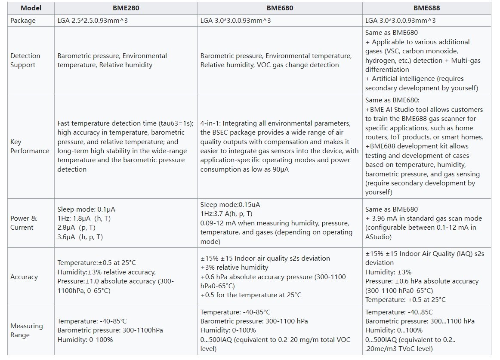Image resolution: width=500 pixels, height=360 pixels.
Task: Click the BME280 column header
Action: (126, 8)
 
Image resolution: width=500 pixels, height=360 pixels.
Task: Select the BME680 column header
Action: (280, 8)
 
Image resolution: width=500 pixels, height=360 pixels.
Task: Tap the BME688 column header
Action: (427, 8)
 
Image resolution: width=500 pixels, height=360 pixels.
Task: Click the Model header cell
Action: (31, 8)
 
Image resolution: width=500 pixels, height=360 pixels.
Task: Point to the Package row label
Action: (23, 21)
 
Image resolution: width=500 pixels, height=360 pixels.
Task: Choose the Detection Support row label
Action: (25, 60)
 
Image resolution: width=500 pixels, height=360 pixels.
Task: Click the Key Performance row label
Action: (30, 146)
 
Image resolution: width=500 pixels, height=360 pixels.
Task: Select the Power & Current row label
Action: (23, 223)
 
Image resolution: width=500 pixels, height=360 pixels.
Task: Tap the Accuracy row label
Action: (24, 277)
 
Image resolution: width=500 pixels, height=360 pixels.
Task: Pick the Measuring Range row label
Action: (27, 330)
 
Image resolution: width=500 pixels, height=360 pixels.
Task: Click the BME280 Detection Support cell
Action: (112, 60)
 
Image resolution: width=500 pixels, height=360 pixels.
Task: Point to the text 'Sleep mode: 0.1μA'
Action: (86, 209)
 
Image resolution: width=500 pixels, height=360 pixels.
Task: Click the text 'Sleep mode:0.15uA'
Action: (230, 205)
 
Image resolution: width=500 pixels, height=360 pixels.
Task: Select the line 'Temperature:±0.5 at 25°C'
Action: (98, 263)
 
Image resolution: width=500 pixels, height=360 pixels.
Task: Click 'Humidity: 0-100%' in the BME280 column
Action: (85, 340)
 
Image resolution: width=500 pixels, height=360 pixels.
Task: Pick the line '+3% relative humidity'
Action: (234, 268)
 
